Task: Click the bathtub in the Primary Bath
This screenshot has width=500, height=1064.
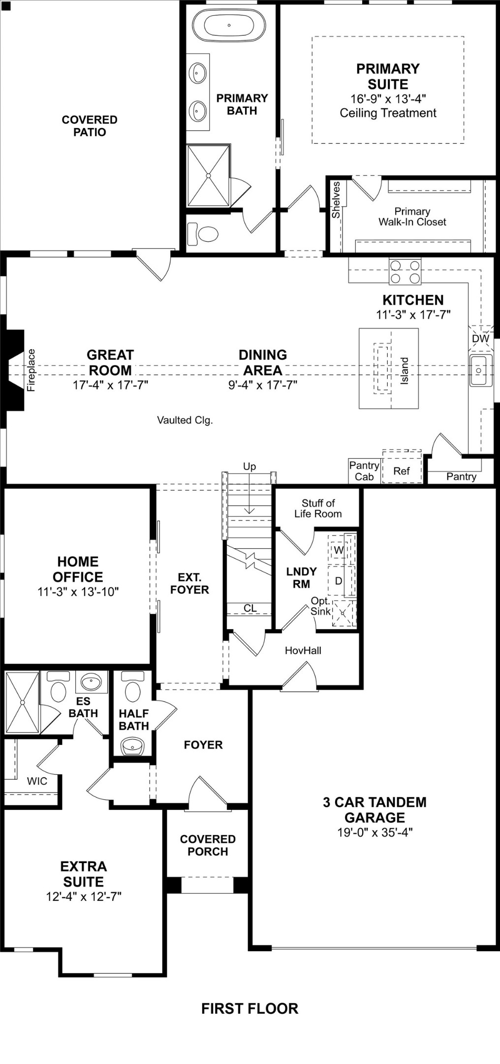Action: pyautogui.click(x=228, y=25)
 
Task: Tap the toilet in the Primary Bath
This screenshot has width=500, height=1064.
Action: pyautogui.click(x=204, y=234)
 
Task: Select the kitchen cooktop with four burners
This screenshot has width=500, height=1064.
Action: pyautogui.click(x=405, y=271)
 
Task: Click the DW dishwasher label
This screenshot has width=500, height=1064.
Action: pyautogui.click(x=480, y=339)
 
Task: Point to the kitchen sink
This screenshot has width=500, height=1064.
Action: pyautogui.click(x=480, y=370)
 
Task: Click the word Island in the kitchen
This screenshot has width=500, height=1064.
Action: pyautogui.click(x=404, y=370)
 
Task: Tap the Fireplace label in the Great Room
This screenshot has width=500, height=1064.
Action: pyautogui.click(x=31, y=370)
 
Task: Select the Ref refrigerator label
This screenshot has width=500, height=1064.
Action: pyautogui.click(x=401, y=471)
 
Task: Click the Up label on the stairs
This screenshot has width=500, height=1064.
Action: pyautogui.click(x=250, y=466)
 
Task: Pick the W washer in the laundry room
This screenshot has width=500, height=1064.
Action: pyautogui.click(x=339, y=550)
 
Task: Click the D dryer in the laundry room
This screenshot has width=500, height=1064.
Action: pyautogui.click(x=339, y=581)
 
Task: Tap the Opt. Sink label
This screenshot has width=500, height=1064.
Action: pyautogui.click(x=320, y=606)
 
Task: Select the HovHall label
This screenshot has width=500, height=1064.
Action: pyautogui.click(x=303, y=650)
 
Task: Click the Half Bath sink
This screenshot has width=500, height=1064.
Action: pyautogui.click(x=133, y=746)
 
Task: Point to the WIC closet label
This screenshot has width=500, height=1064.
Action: pyautogui.click(x=37, y=781)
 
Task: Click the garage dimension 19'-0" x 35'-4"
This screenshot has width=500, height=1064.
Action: pyautogui.click(x=375, y=832)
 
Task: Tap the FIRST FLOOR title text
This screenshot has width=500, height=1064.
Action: pyautogui.click(x=250, y=1008)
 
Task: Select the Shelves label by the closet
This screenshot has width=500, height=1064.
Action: pyautogui.click(x=336, y=200)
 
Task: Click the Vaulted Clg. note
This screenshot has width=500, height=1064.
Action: pyautogui.click(x=185, y=420)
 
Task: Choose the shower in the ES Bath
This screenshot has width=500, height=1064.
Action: pyautogui.click(x=22, y=702)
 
